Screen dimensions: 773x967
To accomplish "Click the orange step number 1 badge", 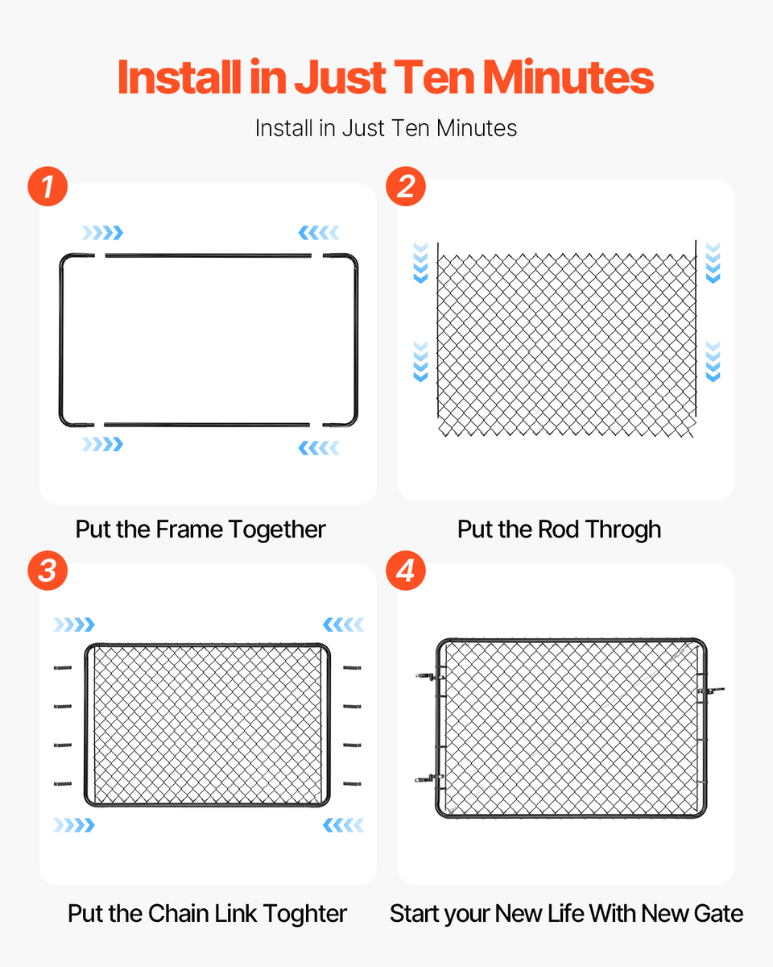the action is [48, 186].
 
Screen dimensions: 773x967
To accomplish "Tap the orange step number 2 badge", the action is [406, 186].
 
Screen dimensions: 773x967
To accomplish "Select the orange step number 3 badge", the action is [48, 571].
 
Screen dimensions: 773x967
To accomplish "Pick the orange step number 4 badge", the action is [406, 571].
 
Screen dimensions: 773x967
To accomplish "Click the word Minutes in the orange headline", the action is [568, 77].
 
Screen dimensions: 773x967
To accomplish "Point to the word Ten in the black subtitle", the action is [414, 128].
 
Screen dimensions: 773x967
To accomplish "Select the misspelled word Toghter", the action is [305, 914].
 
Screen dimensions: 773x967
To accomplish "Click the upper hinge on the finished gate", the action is [430, 676].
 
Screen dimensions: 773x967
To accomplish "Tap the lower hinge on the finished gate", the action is [430, 778].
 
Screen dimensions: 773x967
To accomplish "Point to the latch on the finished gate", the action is [711, 691].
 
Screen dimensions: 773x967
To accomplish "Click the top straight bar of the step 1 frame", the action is [209, 255].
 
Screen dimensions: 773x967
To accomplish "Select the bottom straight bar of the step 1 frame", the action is [207, 425].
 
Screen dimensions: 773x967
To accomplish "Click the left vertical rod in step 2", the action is [438, 330].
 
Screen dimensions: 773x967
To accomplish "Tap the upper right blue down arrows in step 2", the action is [713, 263].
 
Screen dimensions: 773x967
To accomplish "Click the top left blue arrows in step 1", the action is [102, 233].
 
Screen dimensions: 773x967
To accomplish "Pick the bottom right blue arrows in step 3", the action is [344, 825].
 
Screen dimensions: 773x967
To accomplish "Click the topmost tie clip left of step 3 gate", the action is [63, 668].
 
